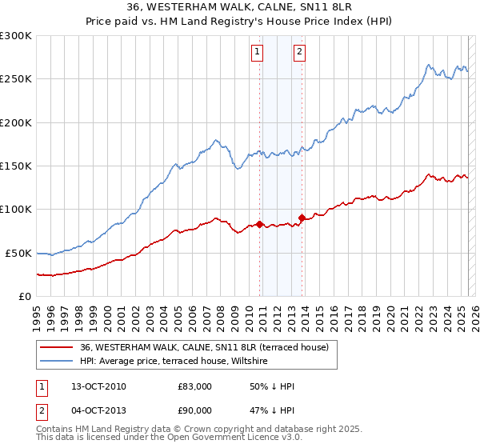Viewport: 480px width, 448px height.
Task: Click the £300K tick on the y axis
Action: (16, 36)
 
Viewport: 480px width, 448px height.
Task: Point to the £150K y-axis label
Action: (16, 166)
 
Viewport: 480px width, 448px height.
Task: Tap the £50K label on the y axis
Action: (19, 253)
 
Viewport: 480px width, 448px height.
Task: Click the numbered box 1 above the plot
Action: (257, 53)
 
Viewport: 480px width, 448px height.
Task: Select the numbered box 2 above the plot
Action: (299, 53)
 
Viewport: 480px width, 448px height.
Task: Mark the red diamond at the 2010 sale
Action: (260, 224)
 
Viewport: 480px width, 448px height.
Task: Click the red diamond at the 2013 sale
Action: (302, 218)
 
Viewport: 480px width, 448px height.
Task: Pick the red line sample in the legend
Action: (57, 348)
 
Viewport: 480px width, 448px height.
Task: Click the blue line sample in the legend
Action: (57, 362)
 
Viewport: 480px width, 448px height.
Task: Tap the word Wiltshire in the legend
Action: (250, 362)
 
